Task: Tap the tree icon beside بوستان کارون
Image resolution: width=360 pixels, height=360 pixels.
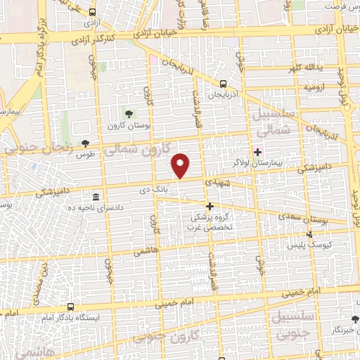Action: coord(128,113)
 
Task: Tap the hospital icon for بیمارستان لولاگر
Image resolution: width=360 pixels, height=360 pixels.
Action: coord(257,150)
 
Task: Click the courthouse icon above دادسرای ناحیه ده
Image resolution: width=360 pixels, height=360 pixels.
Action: coord(96,195)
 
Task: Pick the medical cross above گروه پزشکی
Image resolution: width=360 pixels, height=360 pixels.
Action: coord(209,206)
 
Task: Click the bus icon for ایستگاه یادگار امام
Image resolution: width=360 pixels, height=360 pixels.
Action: coord(70,307)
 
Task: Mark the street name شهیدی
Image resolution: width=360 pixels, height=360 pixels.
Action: coord(215,181)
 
